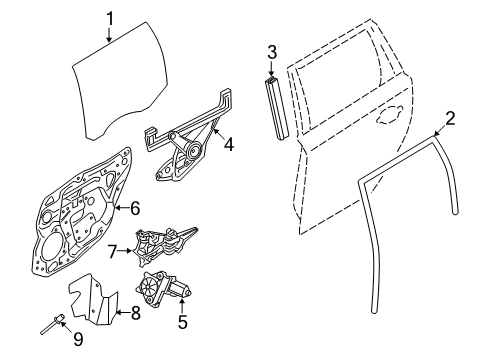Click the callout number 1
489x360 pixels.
pos(110,19)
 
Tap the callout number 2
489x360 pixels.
pos(450,119)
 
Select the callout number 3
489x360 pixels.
pos(272,52)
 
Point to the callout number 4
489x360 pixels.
pos(229,145)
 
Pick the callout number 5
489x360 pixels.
pos(183,322)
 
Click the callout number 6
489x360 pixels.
pos(135,208)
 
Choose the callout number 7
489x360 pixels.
pos(112,251)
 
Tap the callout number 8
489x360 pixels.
pos(135,313)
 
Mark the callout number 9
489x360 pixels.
pos(78,339)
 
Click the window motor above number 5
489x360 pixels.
pos(163,288)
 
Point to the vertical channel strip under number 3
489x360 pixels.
pos(277,108)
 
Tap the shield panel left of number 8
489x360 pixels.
pos(93,299)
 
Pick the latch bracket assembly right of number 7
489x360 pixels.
pos(163,246)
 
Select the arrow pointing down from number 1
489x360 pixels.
pos(109,35)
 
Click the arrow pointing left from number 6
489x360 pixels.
pos(121,208)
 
